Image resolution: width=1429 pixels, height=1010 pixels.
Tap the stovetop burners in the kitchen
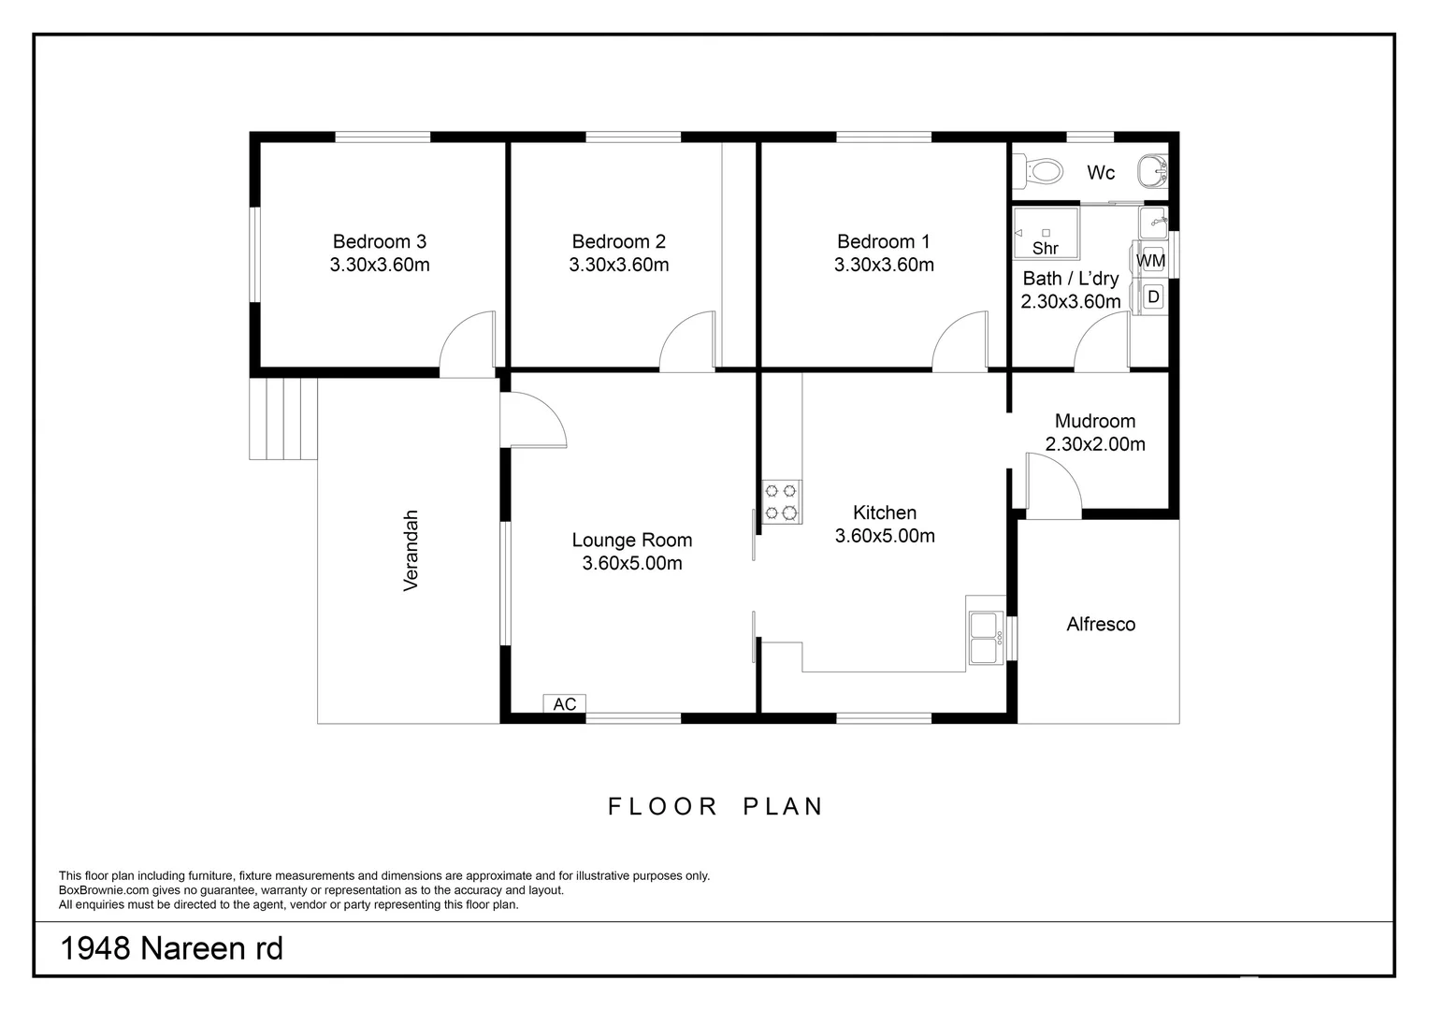click(x=782, y=501)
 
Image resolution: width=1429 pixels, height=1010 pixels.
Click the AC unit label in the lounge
click(x=565, y=704)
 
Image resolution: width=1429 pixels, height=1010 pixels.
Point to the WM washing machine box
click(x=1152, y=260)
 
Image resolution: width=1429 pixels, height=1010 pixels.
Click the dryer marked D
click(x=1153, y=296)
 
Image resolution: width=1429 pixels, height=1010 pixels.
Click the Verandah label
click(x=411, y=551)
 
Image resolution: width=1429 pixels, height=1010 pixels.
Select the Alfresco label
click(x=1101, y=624)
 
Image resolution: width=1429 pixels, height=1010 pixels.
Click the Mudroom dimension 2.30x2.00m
click(x=1095, y=444)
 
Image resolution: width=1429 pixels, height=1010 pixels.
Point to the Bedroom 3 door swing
click(x=468, y=342)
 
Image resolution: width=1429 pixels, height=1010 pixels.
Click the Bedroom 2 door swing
click(x=687, y=341)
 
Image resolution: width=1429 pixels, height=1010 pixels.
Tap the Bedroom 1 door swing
click(x=960, y=341)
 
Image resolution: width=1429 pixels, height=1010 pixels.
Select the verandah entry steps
click(x=283, y=419)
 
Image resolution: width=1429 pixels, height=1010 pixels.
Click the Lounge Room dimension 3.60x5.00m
click(x=632, y=563)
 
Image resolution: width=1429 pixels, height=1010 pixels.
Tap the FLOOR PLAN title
click(x=715, y=806)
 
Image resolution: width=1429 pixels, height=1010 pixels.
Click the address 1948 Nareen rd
click(x=171, y=948)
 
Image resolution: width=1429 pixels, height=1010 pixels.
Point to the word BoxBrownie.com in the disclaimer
click(x=104, y=890)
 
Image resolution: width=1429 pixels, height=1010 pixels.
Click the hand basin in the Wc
click(x=1152, y=171)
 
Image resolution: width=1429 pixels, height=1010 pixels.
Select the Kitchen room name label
click(x=885, y=512)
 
